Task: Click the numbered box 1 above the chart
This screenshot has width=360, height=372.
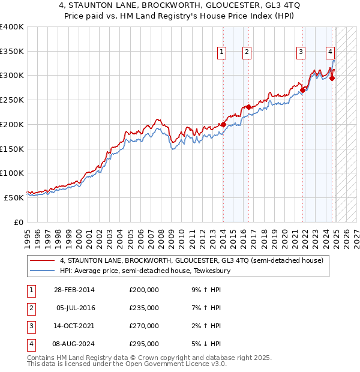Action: tap(222, 52)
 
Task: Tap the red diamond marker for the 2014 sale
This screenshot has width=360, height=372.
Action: tap(223, 124)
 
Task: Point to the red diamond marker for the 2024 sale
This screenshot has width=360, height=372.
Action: tap(332, 77)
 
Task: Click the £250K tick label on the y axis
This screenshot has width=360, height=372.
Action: tap(12, 100)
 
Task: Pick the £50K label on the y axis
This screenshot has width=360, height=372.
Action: tap(14, 197)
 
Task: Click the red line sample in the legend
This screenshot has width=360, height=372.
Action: tap(43, 260)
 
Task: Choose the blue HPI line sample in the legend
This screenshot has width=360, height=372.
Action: tap(43, 271)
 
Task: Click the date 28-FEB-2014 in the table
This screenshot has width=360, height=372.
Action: tap(74, 290)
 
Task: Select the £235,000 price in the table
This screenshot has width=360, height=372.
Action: tap(144, 308)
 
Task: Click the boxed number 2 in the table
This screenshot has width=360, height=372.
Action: tap(31, 308)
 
